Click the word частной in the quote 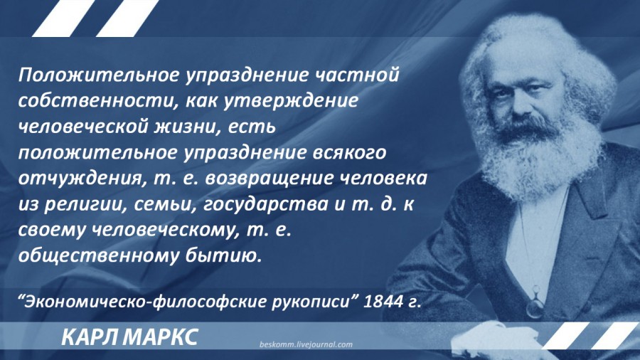357,75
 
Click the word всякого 349,152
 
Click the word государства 265,204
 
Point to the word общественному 99,255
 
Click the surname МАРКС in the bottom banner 160,337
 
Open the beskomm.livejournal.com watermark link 306,344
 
